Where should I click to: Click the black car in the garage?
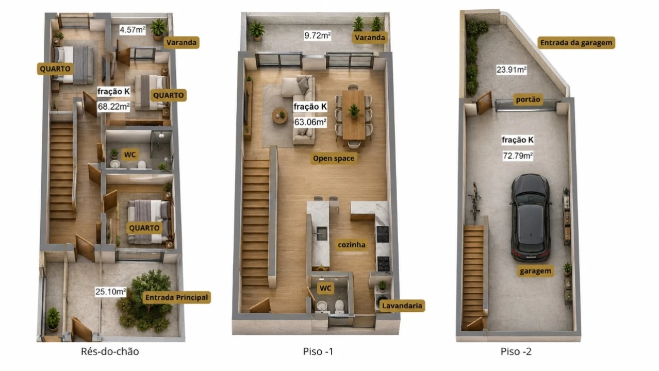[531, 217]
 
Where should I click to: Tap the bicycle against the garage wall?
[474, 201]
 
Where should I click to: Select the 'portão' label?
[528, 99]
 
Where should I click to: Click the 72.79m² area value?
[518, 156]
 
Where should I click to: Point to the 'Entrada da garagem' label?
[576, 43]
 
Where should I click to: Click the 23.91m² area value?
[512, 70]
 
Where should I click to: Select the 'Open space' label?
[333, 159]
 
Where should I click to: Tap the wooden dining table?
[353, 115]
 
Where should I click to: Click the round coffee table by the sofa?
[280, 115]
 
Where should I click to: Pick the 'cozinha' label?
[352, 245]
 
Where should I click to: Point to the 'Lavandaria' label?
[402, 306]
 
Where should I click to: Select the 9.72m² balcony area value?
[318, 36]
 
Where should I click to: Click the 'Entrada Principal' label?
[176, 297]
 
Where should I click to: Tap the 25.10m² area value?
[111, 292]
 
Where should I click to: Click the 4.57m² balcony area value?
[133, 30]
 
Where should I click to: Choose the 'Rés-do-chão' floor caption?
[110, 351]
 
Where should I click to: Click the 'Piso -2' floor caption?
[516, 351]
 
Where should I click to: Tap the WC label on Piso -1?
[325, 289]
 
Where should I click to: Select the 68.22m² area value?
[113, 107]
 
